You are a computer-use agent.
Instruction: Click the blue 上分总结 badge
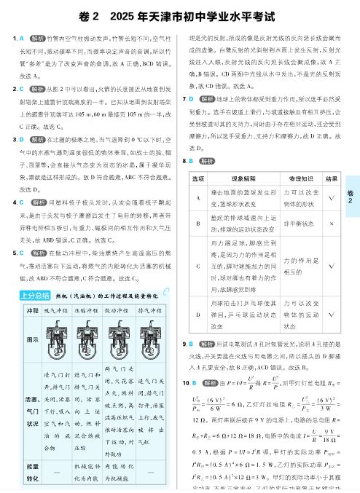(x=33, y=296)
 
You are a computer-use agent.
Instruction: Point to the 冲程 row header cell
(x=32, y=310)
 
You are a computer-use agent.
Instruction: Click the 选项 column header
(x=197, y=177)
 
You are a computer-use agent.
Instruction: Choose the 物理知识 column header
(x=298, y=177)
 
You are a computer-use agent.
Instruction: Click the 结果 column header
(x=332, y=177)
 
